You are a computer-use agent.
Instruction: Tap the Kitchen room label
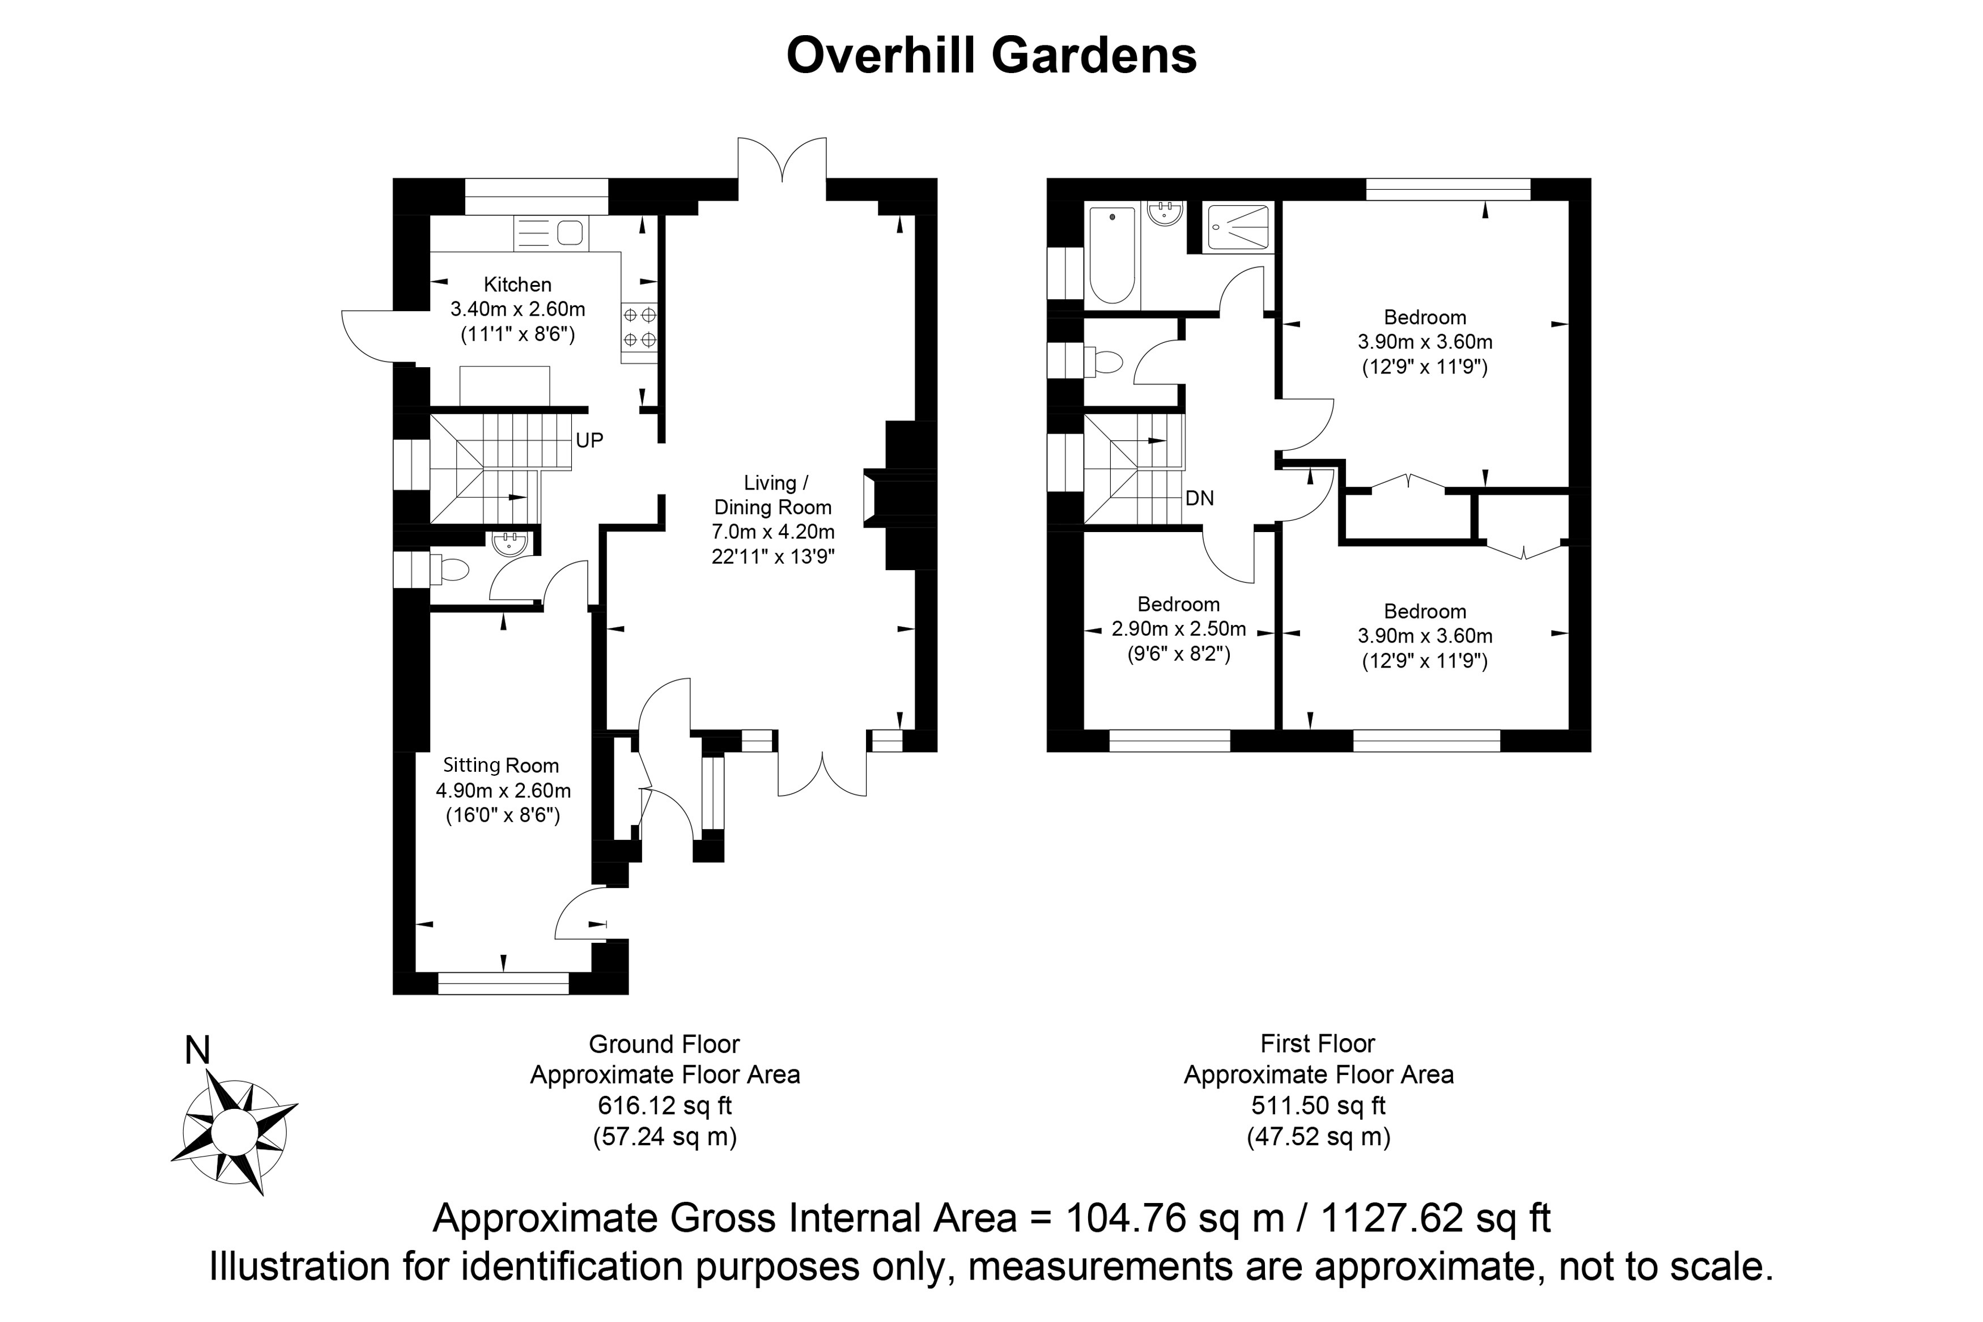click(517, 285)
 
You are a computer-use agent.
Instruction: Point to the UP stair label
click(589, 440)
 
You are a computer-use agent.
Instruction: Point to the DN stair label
click(1199, 498)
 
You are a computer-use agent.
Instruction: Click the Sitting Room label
click(501, 766)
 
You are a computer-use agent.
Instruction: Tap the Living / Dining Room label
click(772, 495)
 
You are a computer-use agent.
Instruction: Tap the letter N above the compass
click(197, 1051)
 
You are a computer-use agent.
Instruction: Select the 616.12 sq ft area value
click(664, 1106)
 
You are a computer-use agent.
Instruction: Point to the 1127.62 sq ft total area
click(1435, 1219)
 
